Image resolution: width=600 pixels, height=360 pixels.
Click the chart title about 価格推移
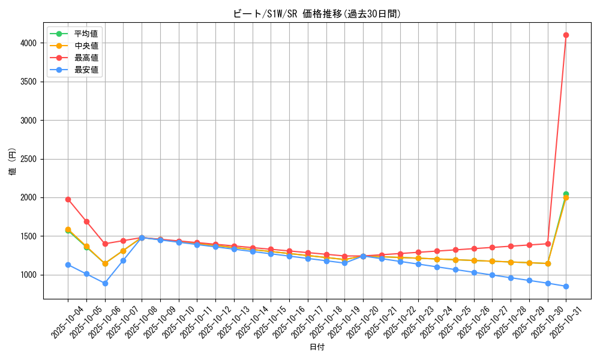tap(317, 13)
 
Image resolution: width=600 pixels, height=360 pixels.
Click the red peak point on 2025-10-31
tap(566, 35)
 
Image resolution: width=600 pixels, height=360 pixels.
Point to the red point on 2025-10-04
tap(68, 199)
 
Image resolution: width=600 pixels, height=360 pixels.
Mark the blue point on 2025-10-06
tap(105, 283)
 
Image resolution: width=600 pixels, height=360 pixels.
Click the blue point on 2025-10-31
tap(566, 286)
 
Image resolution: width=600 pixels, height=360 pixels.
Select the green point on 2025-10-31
tap(566, 194)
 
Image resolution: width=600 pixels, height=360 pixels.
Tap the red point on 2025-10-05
tap(86, 221)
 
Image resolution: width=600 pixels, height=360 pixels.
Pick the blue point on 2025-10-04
tap(68, 265)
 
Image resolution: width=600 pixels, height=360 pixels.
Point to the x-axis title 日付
tap(317, 347)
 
